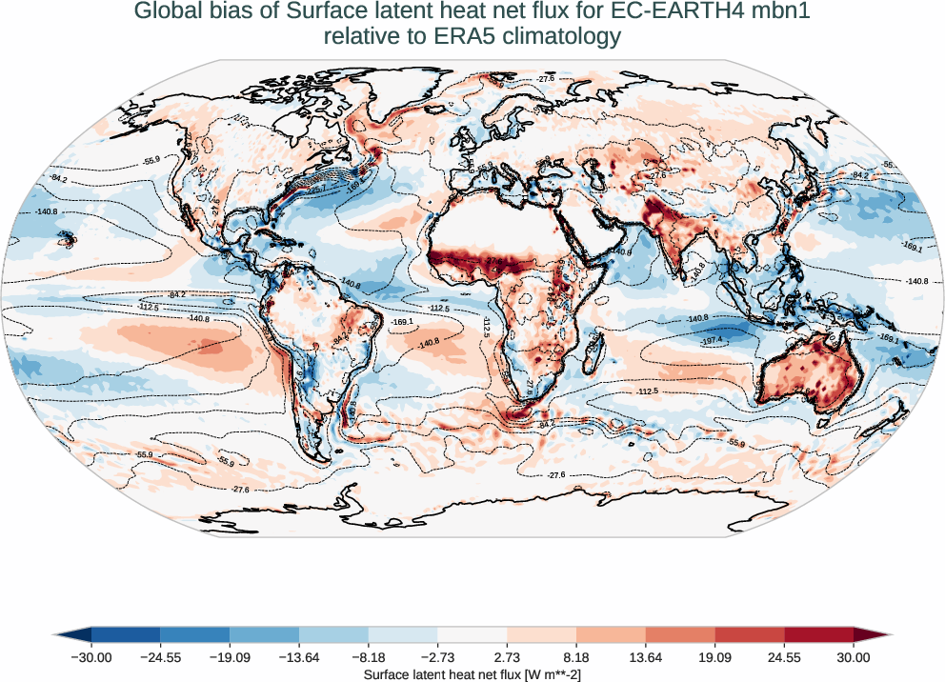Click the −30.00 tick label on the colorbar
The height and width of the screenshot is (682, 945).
point(91,657)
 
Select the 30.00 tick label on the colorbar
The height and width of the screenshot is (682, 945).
point(854,657)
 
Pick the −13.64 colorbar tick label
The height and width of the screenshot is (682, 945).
point(299,657)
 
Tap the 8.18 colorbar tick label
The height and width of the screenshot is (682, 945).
point(576,657)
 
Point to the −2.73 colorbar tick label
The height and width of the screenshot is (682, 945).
point(437,657)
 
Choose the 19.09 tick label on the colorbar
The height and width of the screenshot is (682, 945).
point(715,657)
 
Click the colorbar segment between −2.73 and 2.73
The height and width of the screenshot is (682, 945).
point(472,635)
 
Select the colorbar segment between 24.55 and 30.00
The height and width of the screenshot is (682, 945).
point(819,635)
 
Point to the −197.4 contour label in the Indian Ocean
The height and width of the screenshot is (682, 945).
point(712,340)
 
